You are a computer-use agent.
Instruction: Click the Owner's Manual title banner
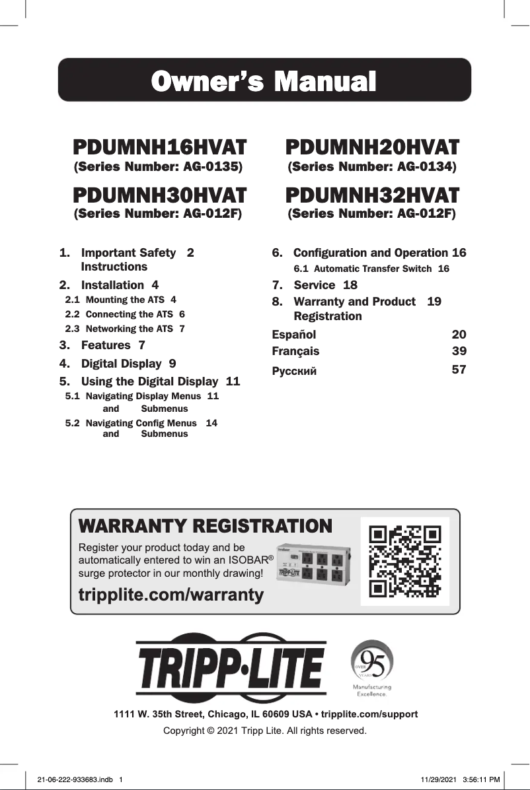tap(264, 81)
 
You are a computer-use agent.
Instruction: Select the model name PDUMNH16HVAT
tap(159, 147)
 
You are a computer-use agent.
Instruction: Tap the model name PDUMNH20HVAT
tap(371, 147)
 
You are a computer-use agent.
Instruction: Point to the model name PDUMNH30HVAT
tap(159, 195)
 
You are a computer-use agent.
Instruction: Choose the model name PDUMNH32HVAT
tap(371, 195)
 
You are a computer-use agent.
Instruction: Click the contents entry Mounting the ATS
tap(126, 300)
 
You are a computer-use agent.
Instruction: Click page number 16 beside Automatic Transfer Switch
tap(443, 269)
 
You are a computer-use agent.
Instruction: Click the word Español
tap(294, 334)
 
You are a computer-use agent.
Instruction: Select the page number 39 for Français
tap(458, 351)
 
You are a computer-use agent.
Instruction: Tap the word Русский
tap(295, 370)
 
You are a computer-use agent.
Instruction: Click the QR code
tap(404, 561)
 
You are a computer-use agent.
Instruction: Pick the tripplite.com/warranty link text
tap(171, 595)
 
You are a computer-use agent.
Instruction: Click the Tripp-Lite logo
tap(231, 668)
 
